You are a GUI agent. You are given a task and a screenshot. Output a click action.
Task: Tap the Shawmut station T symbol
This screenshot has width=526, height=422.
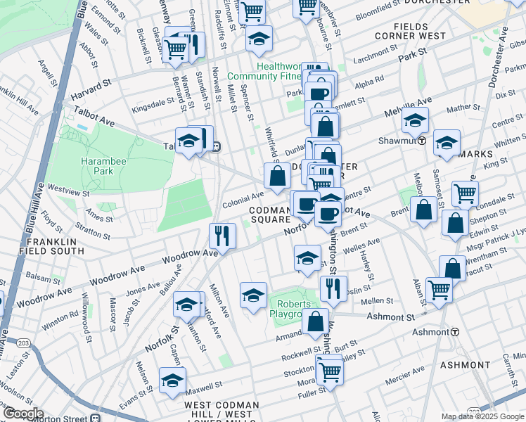point(421,140)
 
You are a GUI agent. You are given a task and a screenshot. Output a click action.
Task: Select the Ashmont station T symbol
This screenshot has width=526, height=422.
point(455,331)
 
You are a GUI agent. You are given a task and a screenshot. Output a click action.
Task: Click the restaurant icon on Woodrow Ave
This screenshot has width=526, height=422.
point(222,236)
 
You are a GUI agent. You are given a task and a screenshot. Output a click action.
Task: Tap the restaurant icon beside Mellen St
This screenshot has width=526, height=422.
point(333,289)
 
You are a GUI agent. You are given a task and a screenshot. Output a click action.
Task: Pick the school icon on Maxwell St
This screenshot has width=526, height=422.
point(172,381)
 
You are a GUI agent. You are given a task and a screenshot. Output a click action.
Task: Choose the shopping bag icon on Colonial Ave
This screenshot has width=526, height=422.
point(278,177)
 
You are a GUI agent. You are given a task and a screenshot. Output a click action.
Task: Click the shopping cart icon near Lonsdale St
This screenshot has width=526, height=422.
point(465,193)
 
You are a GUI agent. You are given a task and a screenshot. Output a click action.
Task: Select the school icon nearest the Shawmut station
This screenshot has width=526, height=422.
point(416,120)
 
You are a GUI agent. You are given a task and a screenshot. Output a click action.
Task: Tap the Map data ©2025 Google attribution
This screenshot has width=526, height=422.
point(482,416)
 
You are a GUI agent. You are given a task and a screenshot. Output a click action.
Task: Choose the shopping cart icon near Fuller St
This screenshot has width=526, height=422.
point(328,369)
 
